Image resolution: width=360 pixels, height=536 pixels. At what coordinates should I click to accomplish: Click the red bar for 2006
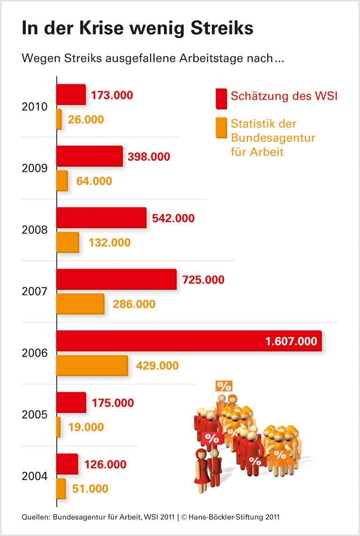pyautogui.click(x=187, y=341)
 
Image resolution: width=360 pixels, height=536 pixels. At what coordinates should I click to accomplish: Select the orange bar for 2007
pyautogui.click(x=80, y=304)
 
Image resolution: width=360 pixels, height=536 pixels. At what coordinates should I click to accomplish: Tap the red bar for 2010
pyautogui.click(x=71, y=95)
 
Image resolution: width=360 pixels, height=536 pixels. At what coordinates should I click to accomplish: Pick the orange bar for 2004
pyautogui.click(x=61, y=489)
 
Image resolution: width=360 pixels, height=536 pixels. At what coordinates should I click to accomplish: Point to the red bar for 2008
pyautogui.click(x=101, y=218)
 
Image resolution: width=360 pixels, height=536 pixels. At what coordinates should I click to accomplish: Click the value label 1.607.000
pyautogui.click(x=291, y=341)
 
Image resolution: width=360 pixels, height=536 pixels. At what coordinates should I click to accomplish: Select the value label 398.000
pyautogui.click(x=149, y=157)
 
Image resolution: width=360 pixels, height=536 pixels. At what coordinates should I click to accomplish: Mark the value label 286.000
pyautogui.click(x=134, y=304)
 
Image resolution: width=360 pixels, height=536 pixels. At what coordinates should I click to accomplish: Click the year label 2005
pyautogui.click(x=35, y=415)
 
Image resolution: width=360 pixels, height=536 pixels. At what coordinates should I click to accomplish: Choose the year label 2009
pyautogui.click(x=35, y=168)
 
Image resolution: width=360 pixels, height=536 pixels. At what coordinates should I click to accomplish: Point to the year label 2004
pyautogui.click(x=35, y=476)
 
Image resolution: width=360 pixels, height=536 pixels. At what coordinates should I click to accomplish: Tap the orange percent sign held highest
pyautogui.click(x=224, y=386)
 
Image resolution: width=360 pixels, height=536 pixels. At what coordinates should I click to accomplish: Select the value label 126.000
pyautogui.click(x=105, y=464)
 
